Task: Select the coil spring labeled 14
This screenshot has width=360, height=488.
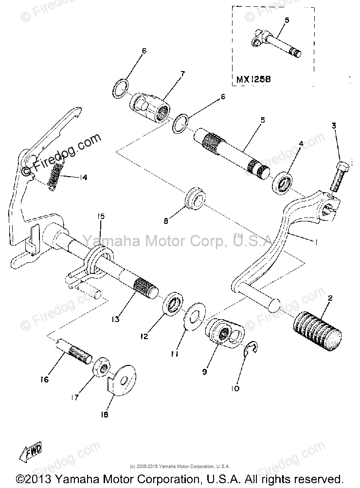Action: (54, 174)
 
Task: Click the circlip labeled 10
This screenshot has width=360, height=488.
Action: (252, 349)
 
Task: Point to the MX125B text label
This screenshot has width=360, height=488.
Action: (253, 78)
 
